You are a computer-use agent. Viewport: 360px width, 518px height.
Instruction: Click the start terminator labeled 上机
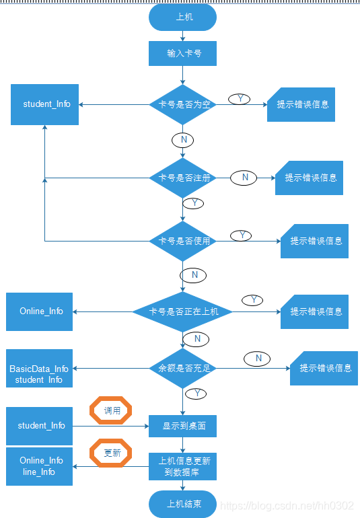pos(182,17)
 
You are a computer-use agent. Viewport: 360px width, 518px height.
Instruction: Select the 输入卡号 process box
pos(182,53)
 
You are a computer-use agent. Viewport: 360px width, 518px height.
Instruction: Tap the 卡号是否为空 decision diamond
pos(182,104)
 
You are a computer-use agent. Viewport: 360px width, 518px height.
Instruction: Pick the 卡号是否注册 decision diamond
pos(182,178)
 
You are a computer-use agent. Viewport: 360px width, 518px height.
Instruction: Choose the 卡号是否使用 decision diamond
pos(182,241)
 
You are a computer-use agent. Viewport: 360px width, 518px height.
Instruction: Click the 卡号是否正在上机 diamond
pos(182,311)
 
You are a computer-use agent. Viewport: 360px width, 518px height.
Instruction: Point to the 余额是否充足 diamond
pos(182,368)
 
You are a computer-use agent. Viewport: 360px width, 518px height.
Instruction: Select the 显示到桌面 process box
pos(182,426)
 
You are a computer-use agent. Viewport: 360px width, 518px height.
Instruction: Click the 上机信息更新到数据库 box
pos(182,466)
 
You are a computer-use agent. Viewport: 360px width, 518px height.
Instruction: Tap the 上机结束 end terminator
pos(182,503)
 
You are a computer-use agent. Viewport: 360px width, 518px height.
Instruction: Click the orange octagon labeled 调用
pos(111,410)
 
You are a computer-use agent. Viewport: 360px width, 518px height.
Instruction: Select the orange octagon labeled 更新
pos(111,453)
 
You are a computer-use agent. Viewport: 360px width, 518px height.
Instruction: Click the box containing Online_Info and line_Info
pos(39,466)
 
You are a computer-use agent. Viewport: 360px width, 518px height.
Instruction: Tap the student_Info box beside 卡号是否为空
pos(45,104)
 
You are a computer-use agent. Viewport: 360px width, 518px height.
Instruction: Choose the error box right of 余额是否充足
pos(324,368)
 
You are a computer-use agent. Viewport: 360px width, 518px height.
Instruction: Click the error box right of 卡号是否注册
pos(310,178)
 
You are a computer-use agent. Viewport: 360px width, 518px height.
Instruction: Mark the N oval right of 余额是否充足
pos(258,359)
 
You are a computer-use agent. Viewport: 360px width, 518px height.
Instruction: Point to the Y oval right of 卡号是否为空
pos(239,99)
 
